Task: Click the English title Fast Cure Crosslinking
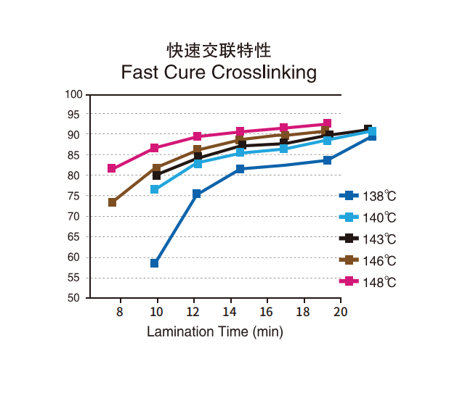(219, 73)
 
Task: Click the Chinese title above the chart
(219, 50)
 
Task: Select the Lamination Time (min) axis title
(215, 332)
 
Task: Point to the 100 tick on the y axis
(73, 94)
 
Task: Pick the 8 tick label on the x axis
(119, 312)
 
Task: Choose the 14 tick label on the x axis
(230, 312)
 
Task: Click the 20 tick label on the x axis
(341, 312)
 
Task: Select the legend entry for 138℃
(371, 196)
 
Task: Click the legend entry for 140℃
(371, 217)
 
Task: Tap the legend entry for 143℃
(371, 239)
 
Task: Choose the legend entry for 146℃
(371, 260)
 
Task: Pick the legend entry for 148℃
(371, 281)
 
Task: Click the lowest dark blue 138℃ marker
(155, 263)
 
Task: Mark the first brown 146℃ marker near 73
(113, 202)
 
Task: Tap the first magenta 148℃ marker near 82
(112, 168)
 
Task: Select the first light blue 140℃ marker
(155, 189)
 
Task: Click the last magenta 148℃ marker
(327, 124)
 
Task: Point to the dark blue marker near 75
(197, 194)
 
